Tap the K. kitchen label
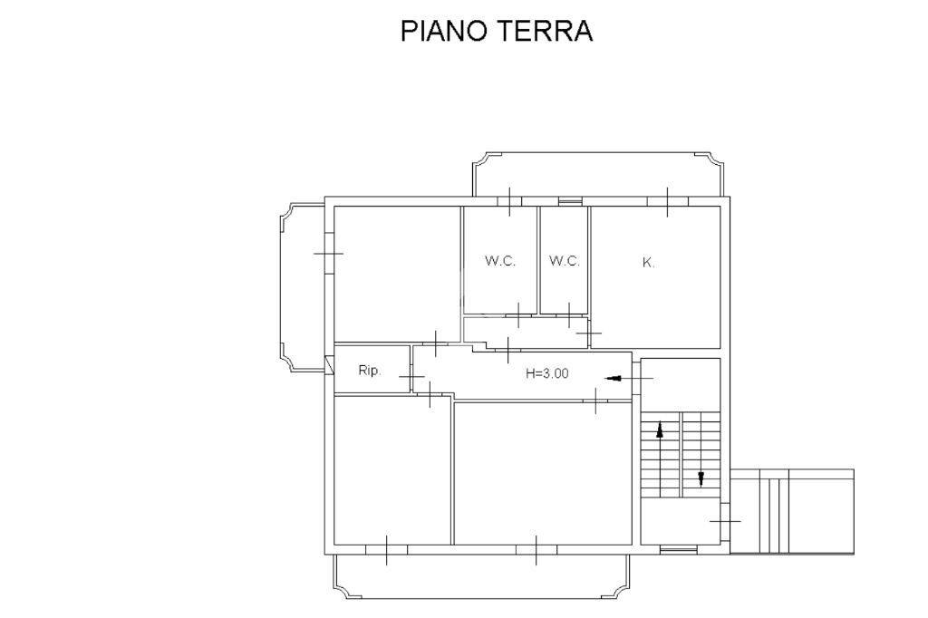coord(649,263)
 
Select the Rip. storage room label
coord(370,372)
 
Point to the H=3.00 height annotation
coord(547,373)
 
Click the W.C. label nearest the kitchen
coord(564,260)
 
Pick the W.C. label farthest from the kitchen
coord(500,260)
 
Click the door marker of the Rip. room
coord(411,376)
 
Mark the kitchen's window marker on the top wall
coord(668,202)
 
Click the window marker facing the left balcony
coord(328,254)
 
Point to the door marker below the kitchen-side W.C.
coord(569,315)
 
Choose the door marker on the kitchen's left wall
coord(590,334)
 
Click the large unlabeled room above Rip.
coord(397,274)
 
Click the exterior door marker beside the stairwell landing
coord(725,522)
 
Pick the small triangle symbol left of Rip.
coord(329,364)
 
